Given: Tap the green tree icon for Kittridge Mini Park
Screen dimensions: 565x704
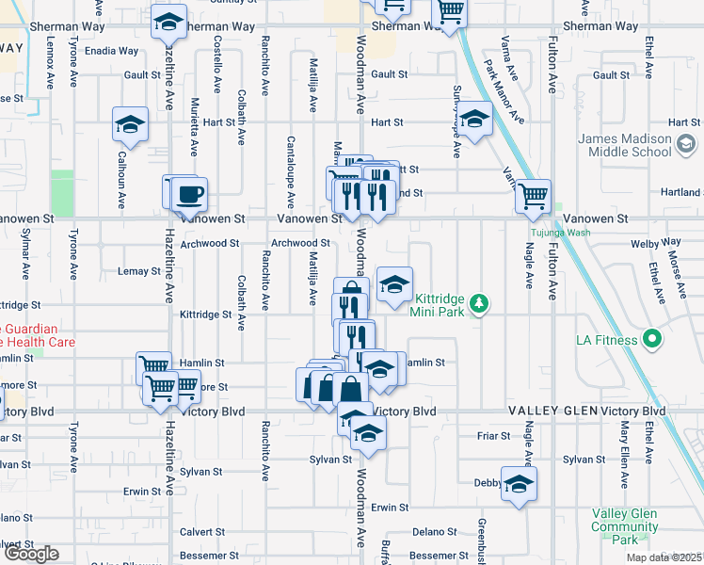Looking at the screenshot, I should [480, 302].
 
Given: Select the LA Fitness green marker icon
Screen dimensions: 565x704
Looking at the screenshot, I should [649, 340].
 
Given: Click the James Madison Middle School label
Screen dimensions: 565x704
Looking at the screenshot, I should [625, 145].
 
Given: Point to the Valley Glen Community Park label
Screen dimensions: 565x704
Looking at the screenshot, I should [625, 525].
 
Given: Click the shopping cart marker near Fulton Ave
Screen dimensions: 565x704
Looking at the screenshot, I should [534, 196].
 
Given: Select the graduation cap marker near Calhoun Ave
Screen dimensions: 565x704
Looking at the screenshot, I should [130, 123].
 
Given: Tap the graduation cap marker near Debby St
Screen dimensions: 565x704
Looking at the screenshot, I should [517, 483].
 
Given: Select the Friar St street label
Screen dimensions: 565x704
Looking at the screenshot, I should [493, 436].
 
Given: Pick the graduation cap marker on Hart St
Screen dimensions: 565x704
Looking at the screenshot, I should [475, 120].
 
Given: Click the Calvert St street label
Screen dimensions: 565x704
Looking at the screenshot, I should [199, 530].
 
